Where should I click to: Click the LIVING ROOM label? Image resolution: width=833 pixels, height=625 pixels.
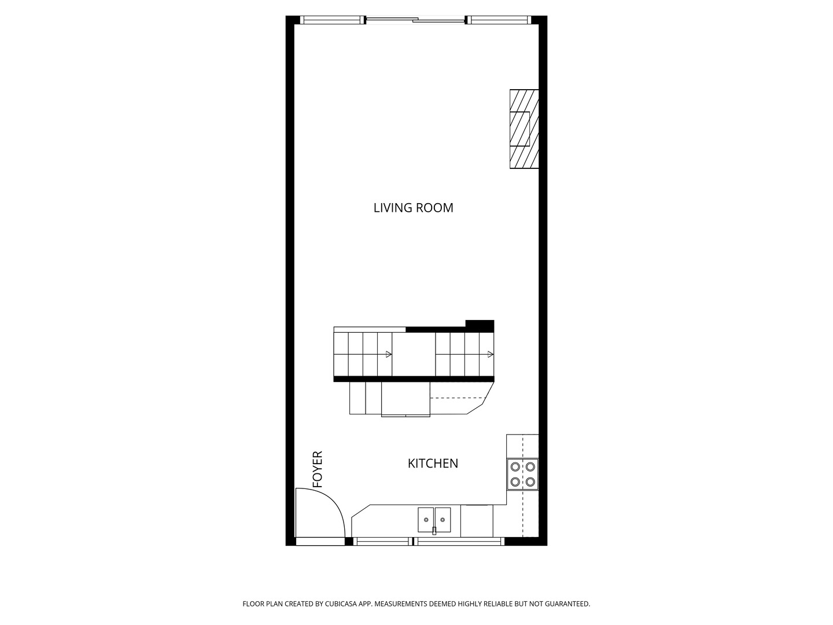[x=413, y=208]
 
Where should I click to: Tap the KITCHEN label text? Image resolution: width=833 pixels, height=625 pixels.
[x=433, y=464]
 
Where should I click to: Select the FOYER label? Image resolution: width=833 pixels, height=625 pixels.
[x=317, y=469]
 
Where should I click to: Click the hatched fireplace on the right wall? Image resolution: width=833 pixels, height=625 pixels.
[x=524, y=129]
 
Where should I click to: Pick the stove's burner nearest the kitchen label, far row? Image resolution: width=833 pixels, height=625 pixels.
[x=514, y=467]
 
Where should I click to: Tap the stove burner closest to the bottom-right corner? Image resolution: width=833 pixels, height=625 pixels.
[x=530, y=481]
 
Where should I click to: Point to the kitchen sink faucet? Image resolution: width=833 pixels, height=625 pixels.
[x=434, y=530]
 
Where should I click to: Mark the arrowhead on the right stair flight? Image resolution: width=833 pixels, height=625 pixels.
[x=490, y=354]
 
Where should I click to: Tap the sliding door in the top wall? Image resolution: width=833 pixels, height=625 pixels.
[x=415, y=21]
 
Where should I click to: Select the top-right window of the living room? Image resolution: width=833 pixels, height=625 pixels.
[x=499, y=20]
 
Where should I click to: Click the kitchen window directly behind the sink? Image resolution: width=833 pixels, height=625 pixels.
[x=459, y=542]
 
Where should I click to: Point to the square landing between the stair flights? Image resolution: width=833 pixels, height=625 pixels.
[x=414, y=354]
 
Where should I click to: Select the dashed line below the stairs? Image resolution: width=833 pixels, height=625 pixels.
[x=457, y=398]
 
